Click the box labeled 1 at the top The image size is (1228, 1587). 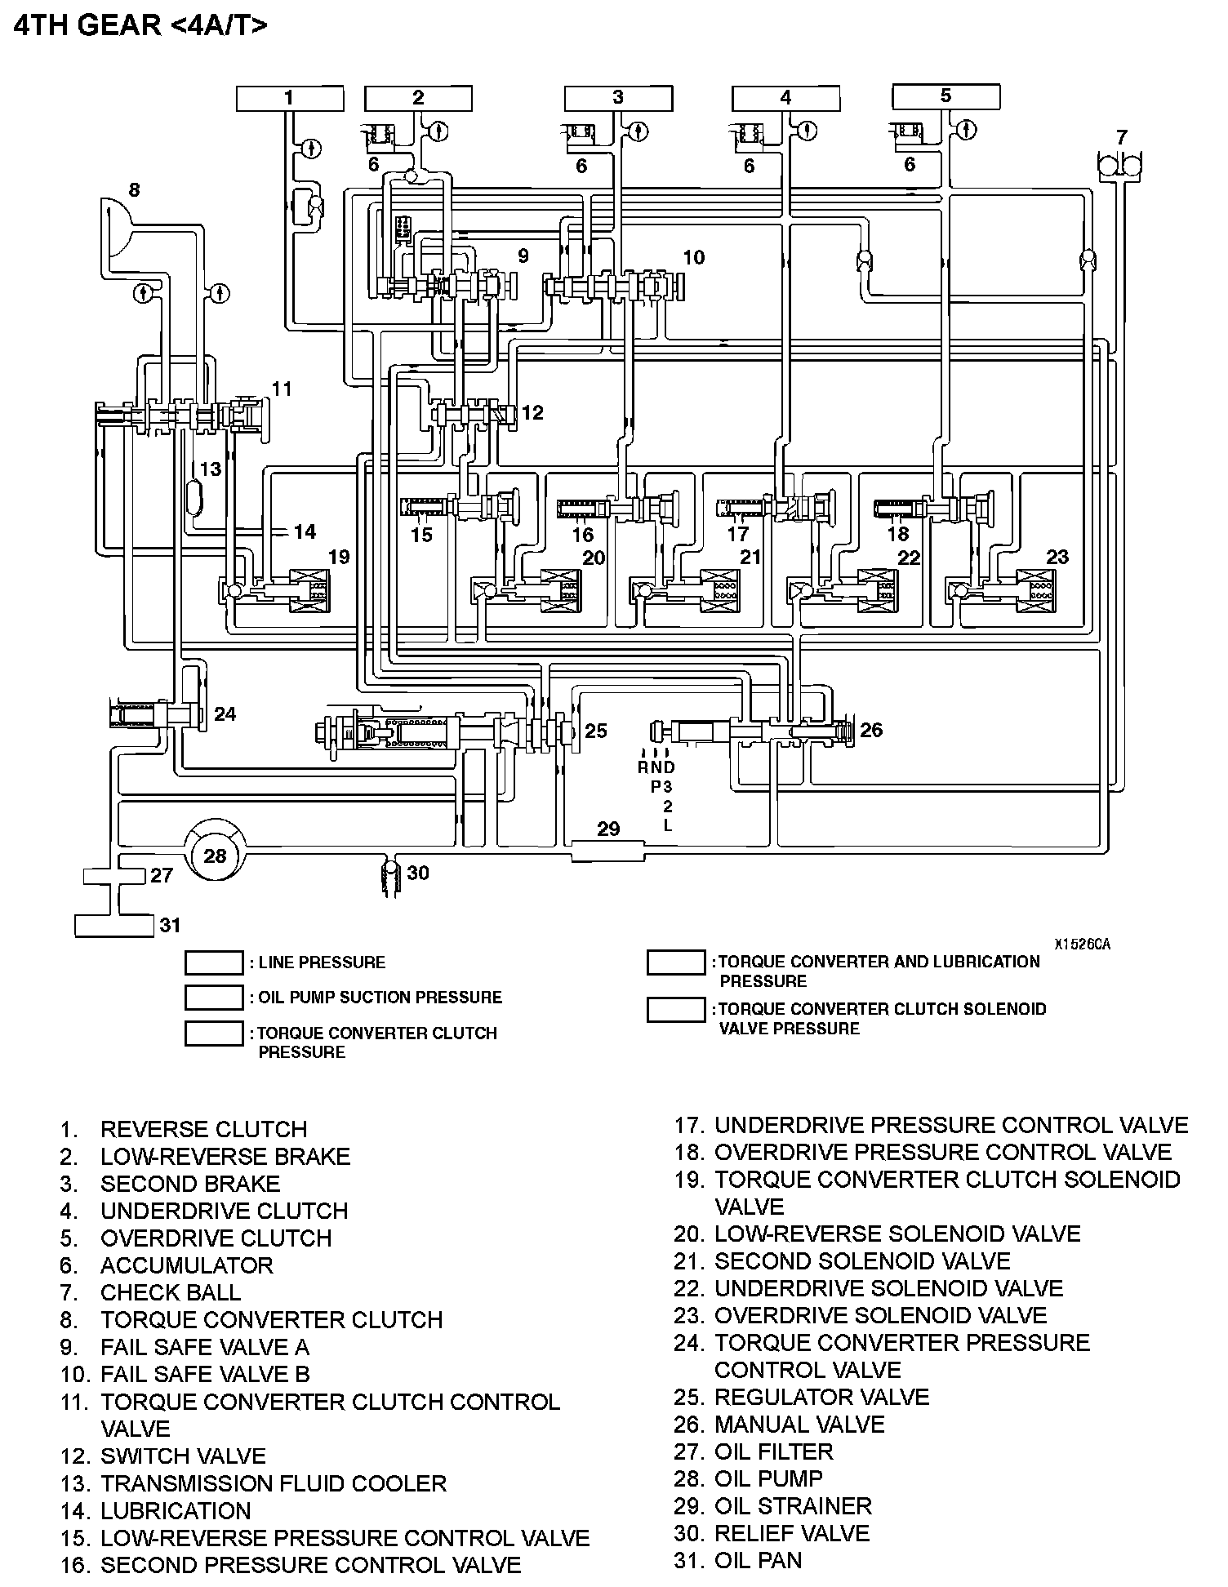coord(289,99)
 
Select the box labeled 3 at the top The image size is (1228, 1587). coord(618,99)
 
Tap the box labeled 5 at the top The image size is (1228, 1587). coord(945,97)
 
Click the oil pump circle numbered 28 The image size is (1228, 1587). coord(215,856)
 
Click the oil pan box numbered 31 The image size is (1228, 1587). coord(114,926)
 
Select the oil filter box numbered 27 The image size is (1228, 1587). coord(114,876)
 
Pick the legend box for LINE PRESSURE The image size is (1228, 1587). coord(214,962)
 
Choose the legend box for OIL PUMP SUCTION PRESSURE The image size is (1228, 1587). coord(214,998)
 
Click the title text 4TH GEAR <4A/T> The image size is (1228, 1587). coord(140,25)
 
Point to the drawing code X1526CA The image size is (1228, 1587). coord(1081,945)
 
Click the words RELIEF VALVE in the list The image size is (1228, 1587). coord(792,1533)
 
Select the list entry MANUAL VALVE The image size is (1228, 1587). coord(799,1425)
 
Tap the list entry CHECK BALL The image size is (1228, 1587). coord(171,1292)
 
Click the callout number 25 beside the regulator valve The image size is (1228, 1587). coord(596,731)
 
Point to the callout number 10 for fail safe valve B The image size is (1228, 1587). coord(693,258)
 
